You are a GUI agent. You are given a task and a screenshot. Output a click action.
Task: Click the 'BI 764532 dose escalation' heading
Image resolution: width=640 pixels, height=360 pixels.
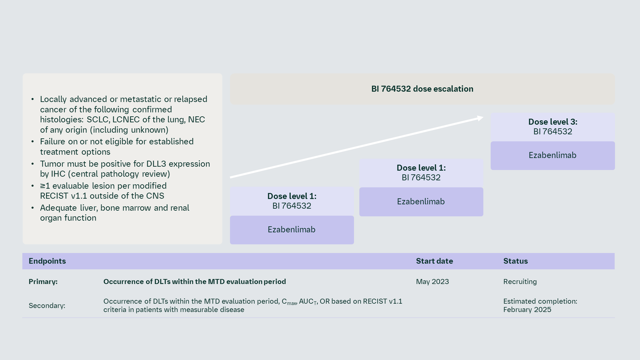422,89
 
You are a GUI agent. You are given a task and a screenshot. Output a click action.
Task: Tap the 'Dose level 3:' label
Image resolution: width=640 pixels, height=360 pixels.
552,122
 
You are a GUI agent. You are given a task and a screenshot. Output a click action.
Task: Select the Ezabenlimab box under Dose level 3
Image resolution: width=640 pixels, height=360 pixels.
552,155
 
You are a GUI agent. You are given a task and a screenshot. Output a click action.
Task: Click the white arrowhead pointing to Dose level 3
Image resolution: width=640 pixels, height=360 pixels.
480,118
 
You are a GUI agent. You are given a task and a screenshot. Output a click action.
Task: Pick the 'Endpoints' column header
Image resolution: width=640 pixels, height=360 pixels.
47,261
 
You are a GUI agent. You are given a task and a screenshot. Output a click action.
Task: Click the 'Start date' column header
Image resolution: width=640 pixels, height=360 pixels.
434,261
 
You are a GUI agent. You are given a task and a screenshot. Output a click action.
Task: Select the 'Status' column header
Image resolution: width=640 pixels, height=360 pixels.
515,261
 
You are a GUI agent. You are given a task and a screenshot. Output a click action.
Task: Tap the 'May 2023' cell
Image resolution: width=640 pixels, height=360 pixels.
432,282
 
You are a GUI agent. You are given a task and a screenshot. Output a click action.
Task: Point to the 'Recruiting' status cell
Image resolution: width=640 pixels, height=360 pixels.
520,282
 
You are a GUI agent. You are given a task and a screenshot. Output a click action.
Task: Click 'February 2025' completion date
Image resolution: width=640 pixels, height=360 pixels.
527,310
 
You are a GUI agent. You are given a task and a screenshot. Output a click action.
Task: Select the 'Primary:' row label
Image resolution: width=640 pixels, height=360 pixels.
43,282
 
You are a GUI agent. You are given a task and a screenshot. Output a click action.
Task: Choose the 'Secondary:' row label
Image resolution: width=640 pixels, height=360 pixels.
47,306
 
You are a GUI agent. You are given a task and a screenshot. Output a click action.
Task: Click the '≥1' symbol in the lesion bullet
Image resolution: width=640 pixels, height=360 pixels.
45,186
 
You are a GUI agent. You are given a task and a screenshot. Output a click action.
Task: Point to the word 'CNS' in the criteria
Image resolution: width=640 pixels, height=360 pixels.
155,196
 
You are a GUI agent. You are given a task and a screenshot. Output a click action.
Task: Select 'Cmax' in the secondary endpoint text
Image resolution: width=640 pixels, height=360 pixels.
289,302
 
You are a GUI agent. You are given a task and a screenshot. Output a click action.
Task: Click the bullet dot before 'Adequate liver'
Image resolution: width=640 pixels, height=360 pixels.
33,208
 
